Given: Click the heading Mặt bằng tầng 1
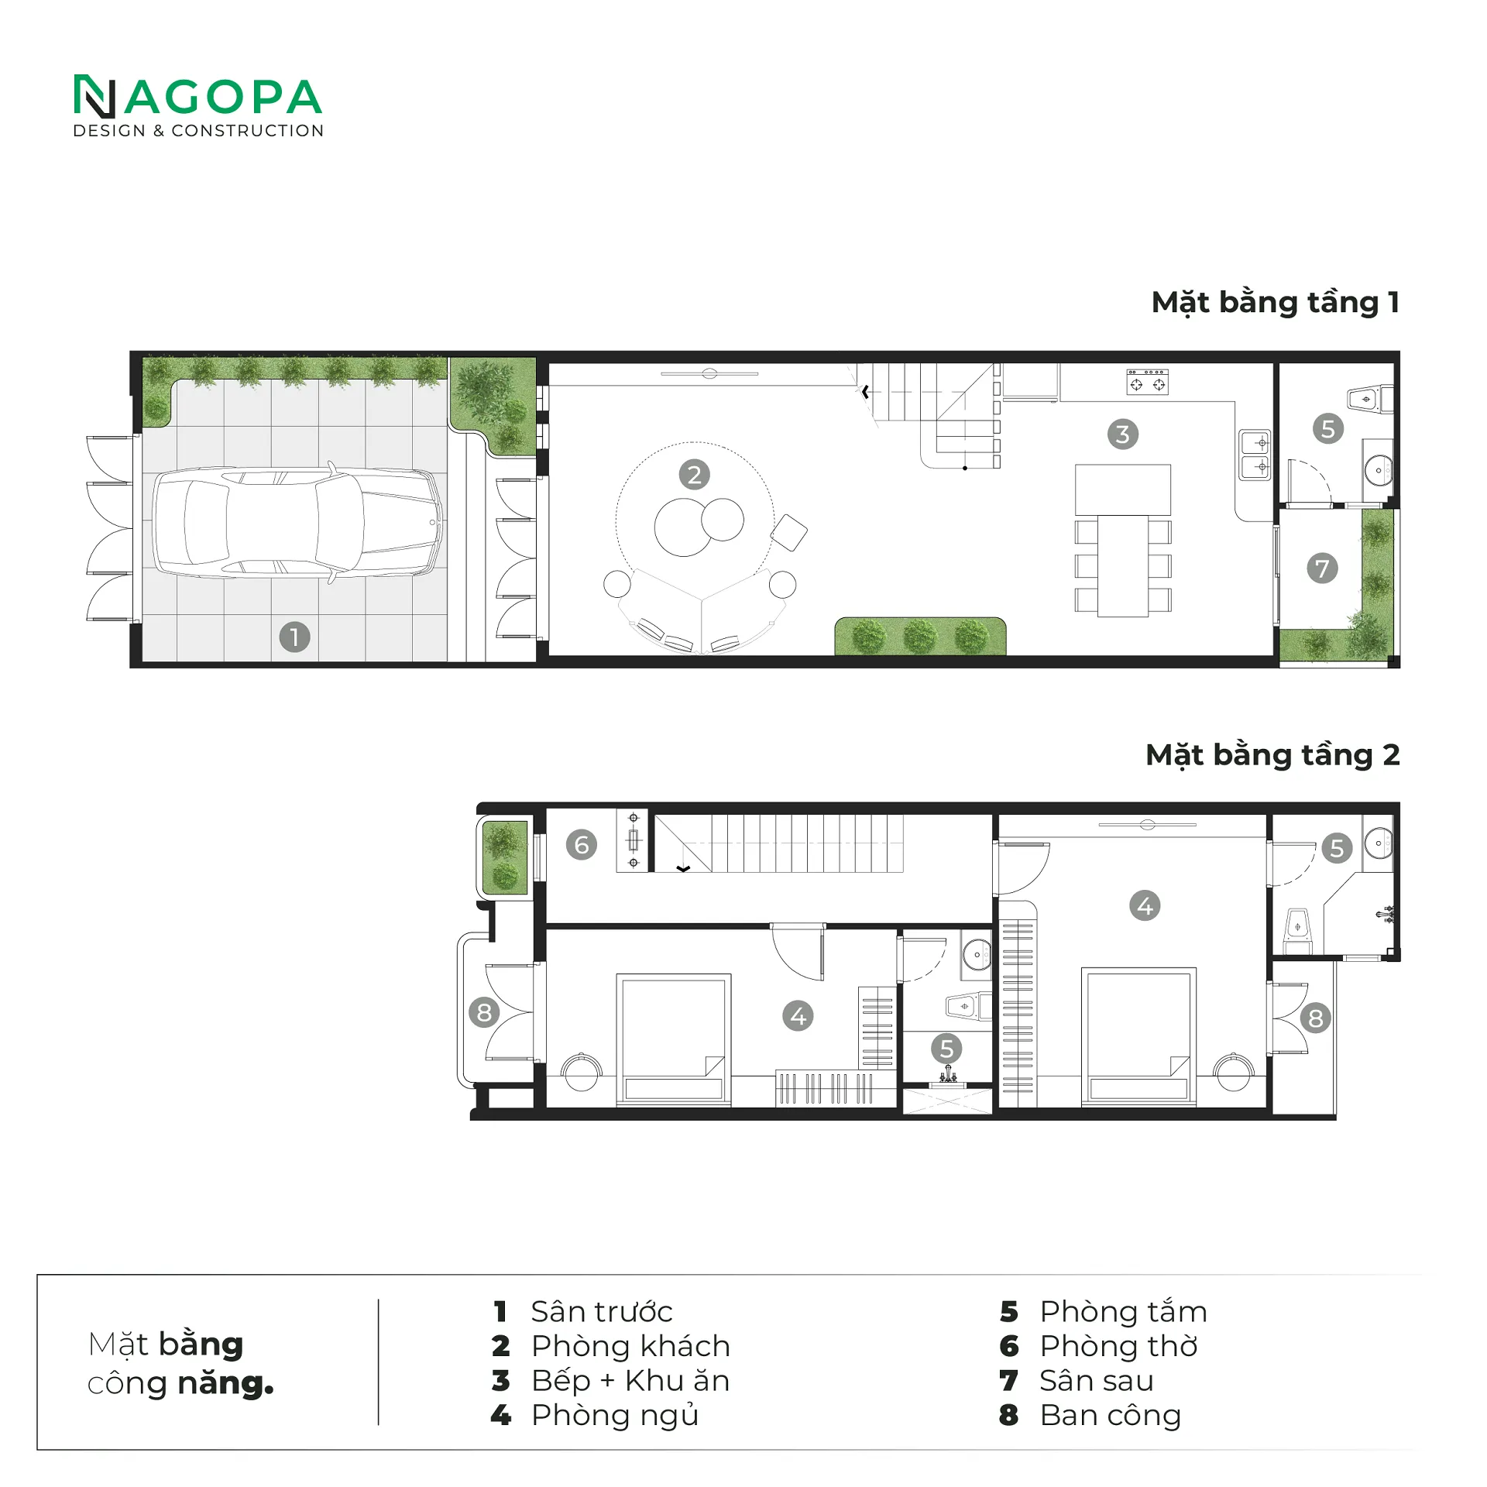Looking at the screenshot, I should (1275, 302).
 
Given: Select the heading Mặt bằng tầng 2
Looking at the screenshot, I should (1272, 754).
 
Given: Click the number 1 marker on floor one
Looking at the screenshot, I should (294, 637).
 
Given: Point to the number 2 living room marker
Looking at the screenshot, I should (694, 475).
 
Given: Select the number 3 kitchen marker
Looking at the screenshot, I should (1122, 434).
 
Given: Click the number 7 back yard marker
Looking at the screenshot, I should (1321, 568).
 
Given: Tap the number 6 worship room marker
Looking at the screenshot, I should (581, 844).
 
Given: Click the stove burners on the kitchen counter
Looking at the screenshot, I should (1147, 381).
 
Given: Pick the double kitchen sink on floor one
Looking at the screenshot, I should (1254, 455).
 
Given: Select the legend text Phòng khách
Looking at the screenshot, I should (630, 1346).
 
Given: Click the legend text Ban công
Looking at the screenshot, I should (1110, 1415).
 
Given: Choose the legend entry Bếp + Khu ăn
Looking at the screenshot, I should (630, 1380).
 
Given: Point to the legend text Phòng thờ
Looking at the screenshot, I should (1118, 1346).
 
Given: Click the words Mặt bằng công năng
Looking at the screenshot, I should (180, 1364).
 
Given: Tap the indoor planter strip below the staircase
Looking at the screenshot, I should (919, 636).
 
